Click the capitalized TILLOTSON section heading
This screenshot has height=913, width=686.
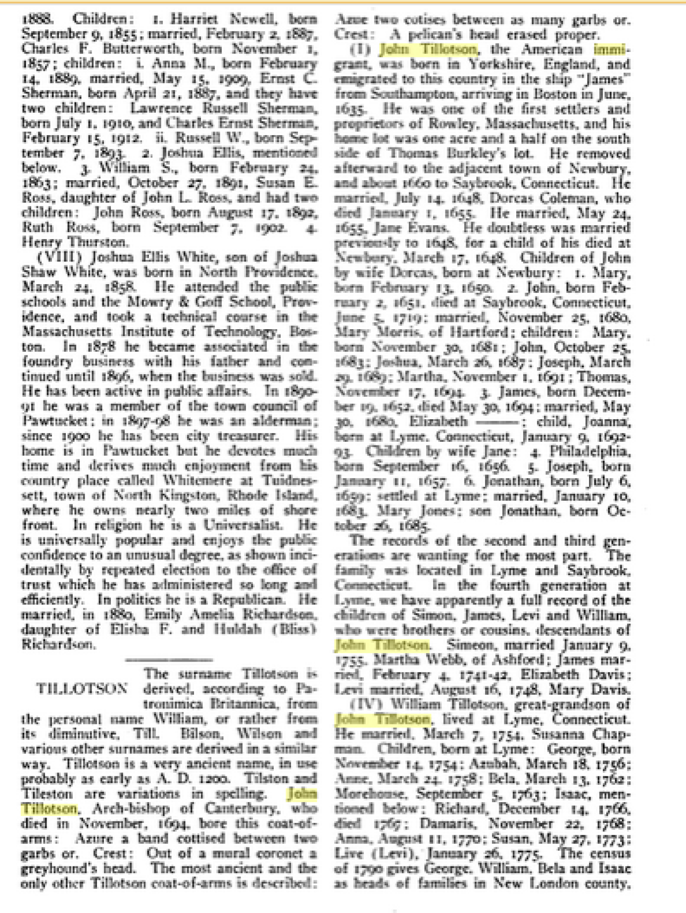(x=81, y=688)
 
